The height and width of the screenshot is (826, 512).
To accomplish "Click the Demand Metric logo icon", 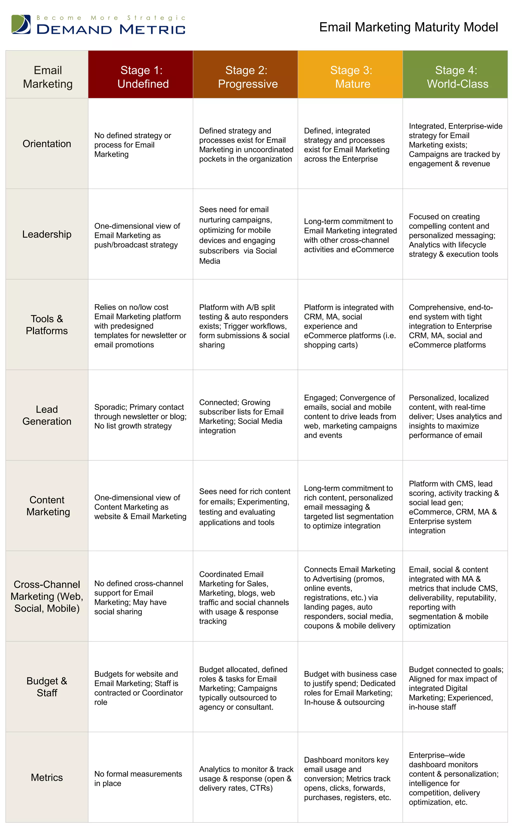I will [21, 24].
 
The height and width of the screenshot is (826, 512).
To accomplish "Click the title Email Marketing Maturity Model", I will [408, 27].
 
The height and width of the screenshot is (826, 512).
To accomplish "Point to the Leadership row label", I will [47, 234].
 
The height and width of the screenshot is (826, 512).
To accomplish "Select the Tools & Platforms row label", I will [47, 325].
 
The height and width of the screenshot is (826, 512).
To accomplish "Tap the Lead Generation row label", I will [47, 415].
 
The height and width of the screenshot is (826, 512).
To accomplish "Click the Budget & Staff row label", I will [47, 687].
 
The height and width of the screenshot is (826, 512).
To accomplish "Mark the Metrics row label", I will [47, 777].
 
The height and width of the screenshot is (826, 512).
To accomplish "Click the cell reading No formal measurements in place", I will [138, 778].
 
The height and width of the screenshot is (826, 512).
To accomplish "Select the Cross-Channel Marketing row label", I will [47, 596].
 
